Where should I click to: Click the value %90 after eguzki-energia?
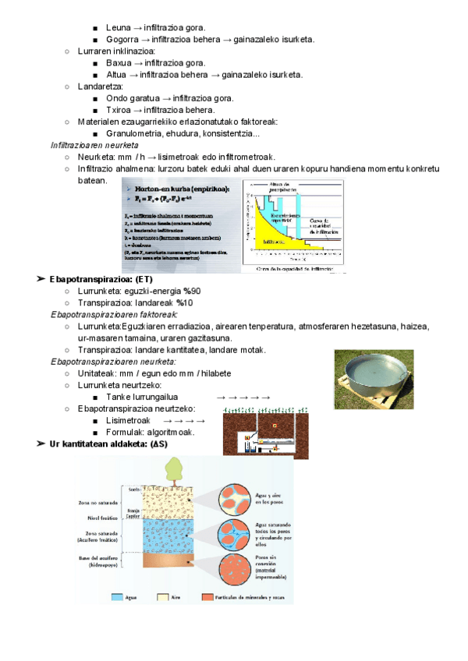[193, 291]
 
